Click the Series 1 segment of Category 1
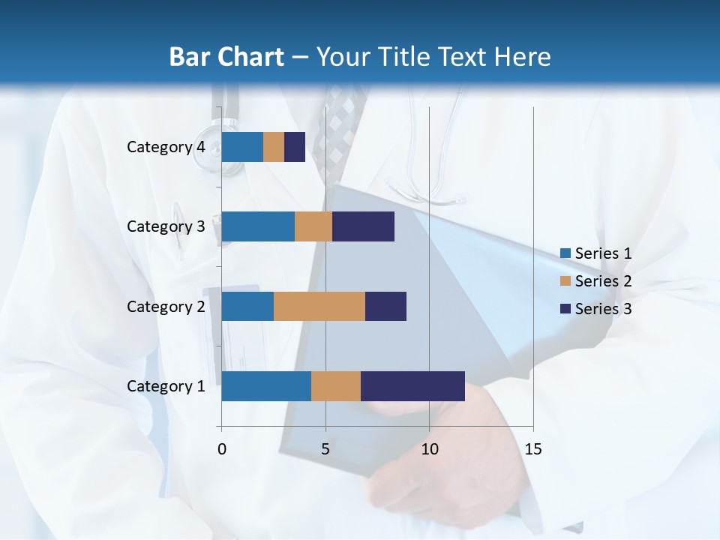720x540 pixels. [266, 386]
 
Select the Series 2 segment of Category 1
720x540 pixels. [336, 386]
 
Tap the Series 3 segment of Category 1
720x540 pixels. [412, 386]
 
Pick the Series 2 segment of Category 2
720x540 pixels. [319, 306]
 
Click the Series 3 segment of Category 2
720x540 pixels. [385, 306]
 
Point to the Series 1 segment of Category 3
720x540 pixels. [258, 226]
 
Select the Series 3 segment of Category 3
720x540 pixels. [363, 226]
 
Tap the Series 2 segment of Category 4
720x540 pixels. [274, 147]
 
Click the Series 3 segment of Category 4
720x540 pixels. [295, 147]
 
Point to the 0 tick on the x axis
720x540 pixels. [222, 449]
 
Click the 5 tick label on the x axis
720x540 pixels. [325, 449]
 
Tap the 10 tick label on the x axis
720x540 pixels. [429, 449]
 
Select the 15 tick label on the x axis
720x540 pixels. [533, 449]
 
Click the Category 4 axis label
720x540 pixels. [166, 147]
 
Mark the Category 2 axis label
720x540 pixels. [166, 306]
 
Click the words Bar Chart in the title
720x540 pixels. [226, 57]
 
